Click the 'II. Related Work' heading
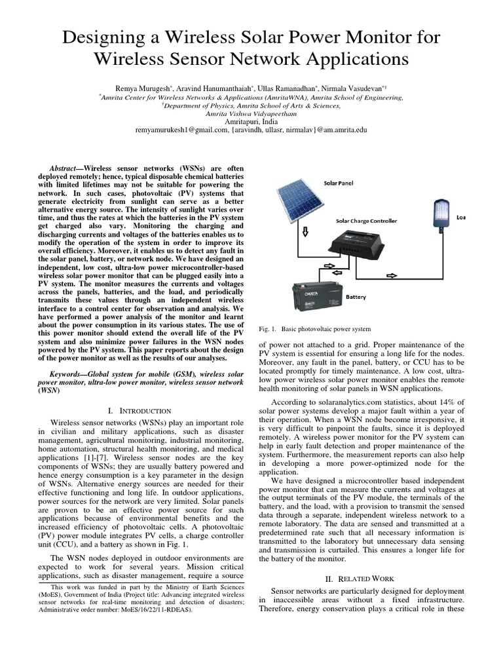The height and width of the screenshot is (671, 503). (x=362, y=579)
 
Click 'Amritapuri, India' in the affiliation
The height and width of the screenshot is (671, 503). (x=251, y=121)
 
